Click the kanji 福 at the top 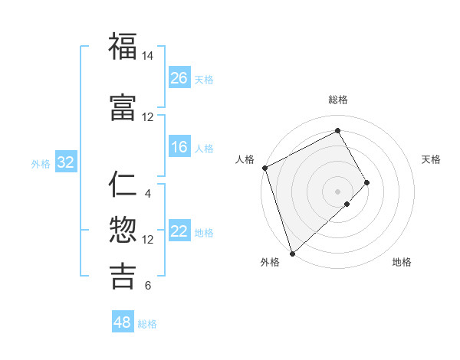(x=123, y=46)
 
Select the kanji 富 (x=123, y=106)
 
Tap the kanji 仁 (x=123, y=184)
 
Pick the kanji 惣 (x=123, y=230)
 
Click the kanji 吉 (x=123, y=276)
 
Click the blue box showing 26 (x=179, y=78)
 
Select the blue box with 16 (x=179, y=147)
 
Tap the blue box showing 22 (x=179, y=231)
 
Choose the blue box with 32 (x=65, y=162)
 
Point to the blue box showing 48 (x=123, y=322)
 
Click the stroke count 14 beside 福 (x=147, y=56)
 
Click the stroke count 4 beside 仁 (x=147, y=193)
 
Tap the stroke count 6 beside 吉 (x=147, y=286)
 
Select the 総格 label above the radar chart (x=338, y=100)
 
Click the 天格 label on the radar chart (x=431, y=159)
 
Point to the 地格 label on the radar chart (x=402, y=262)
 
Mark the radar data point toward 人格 (x=264, y=168)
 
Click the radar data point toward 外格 (x=291, y=253)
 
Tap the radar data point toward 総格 (x=338, y=130)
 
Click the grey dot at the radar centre (x=338, y=191)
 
